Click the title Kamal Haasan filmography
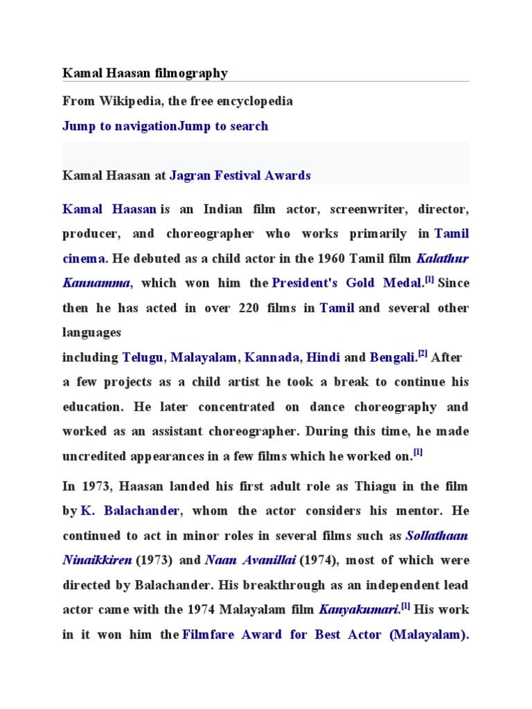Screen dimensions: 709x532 point(145,73)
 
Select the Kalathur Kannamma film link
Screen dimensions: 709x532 point(443,258)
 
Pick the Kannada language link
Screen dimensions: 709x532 point(272,358)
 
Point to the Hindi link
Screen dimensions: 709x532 point(323,358)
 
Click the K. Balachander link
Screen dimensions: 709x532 point(131,511)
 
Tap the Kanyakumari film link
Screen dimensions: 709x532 point(357,610)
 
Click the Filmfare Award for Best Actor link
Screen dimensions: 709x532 point(322,635)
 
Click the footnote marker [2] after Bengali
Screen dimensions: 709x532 point(423,355)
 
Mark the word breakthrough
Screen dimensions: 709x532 point(267,585)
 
